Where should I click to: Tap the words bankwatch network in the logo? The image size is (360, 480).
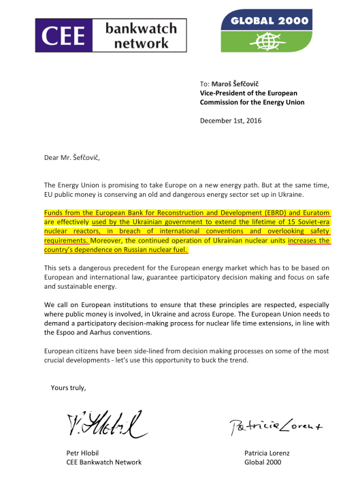141,35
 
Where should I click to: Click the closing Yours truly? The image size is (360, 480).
69,388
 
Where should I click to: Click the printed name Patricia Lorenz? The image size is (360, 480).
270,453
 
